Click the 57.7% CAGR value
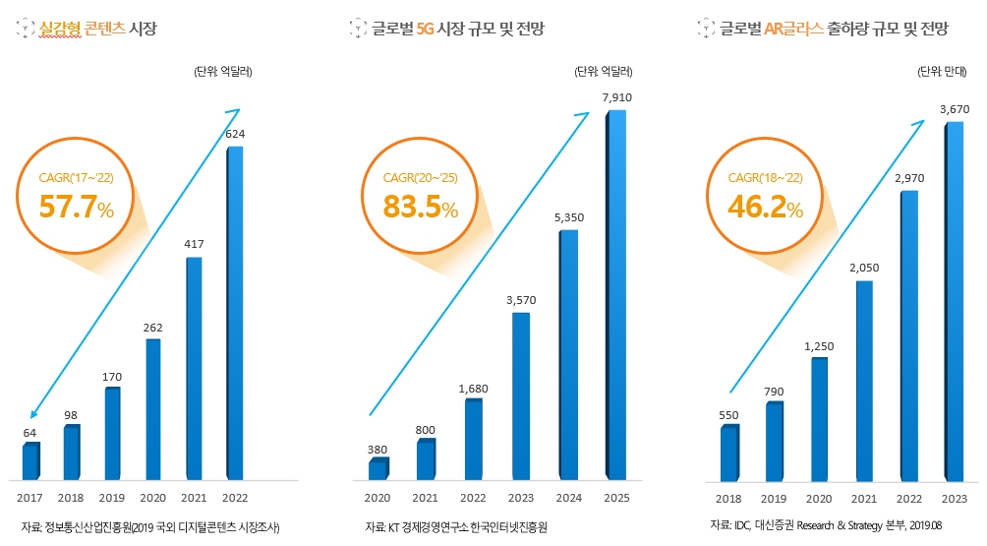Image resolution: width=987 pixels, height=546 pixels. pos(77,207)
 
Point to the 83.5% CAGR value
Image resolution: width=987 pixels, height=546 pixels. pos(421,207)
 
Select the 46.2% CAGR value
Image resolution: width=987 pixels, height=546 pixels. pos(765,207)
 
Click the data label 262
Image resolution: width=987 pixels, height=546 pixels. pos(152,328)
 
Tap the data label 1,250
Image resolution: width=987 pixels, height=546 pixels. pos(818,345)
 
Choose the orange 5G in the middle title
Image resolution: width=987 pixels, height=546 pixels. pos(425,29)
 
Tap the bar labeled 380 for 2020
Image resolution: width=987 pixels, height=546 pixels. pos(378,469)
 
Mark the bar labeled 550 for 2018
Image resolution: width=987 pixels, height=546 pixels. pos(729,454)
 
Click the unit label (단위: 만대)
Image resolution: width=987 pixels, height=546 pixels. pos(942,72)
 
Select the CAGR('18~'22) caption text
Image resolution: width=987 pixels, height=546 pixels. pos(765,178)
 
